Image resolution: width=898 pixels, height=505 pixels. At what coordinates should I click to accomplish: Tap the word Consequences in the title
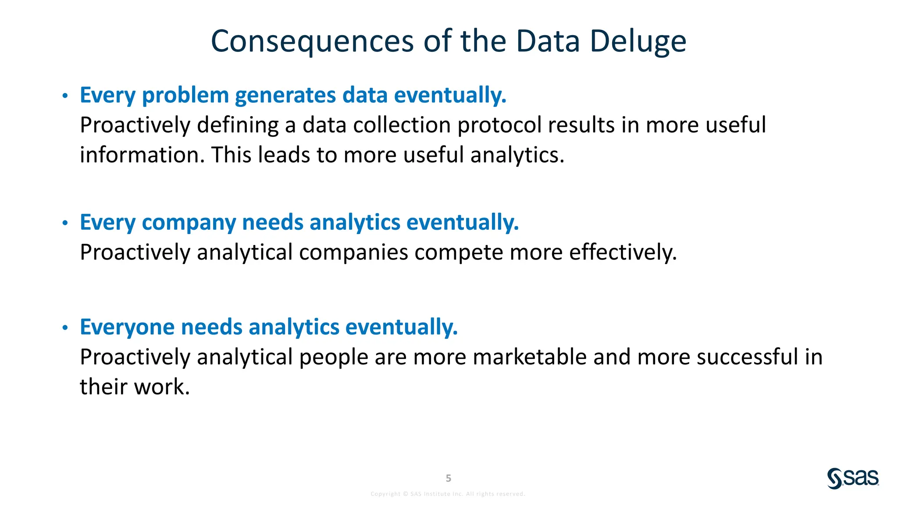[x=312, y=42]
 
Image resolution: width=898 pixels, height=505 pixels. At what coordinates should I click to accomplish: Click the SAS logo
[x=853, y=478]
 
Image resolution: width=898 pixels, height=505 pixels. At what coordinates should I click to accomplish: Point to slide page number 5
[x=448, y=478]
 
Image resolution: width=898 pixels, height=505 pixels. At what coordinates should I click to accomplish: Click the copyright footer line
[x=448, y=494]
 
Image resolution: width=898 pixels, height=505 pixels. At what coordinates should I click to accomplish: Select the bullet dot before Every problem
[x=65, y=96]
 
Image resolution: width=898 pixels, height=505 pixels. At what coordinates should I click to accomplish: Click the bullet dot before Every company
[x=65, y=223]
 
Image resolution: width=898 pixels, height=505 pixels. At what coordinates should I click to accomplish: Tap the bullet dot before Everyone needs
[x=65, y=327]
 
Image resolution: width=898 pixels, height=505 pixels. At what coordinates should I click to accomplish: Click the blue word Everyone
[x=127, y=327]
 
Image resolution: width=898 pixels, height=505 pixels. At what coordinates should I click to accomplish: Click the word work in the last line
[x=161, y=387]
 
